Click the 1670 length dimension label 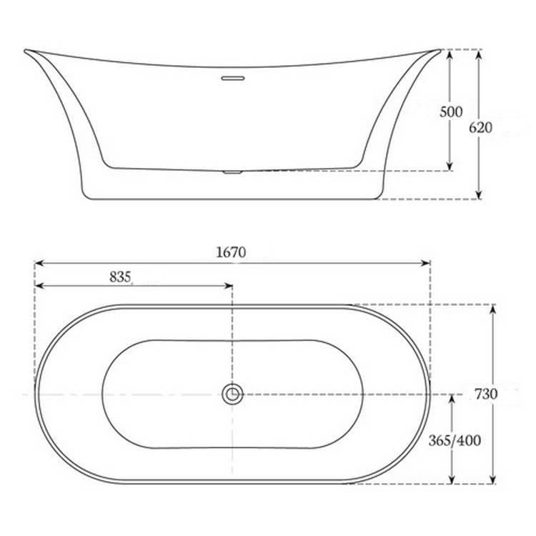[230, 252]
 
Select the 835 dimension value [120, 277]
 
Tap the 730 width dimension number [485, 394]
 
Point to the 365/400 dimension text [455, 440]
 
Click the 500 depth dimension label [451, 111]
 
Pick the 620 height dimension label [480, 127]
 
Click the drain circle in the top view [232, 393]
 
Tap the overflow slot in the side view [232, 77]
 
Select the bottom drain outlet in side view [232, 172]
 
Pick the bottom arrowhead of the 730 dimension [492, 480]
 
